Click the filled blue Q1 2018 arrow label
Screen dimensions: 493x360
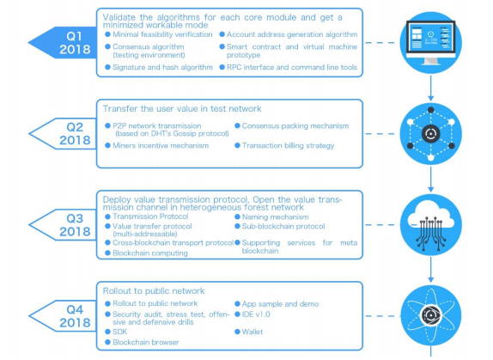pyautogui.click(x=63, y=43)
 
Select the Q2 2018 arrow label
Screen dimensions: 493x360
pyautogui.click(x=63, y=134)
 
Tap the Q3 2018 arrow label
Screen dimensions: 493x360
pyautogui.click(x=63, y=225)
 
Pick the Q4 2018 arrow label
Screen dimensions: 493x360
pyautogui.click(x=63, y=316)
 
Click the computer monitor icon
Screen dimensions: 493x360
pyautogui.click(x=431, y=43)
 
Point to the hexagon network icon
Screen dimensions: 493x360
pyautogui.click(x=431, y=134)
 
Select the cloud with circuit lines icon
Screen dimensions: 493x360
pyautogui.click(x=431, y=225)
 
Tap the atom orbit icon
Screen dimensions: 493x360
pyautogui.click(x=431, y=315)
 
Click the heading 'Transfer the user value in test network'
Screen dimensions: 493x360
pyautogui.click(x=182, y=109)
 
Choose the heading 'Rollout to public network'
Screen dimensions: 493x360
pyautogui.click(x=154, y=290)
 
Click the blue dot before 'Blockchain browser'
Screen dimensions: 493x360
pyautogui.click(x=107, y=342)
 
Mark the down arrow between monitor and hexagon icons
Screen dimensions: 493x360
pyautogui.click(x=431, y=88)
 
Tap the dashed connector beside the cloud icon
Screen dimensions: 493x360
pyautogui.click(x=382, y=225)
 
